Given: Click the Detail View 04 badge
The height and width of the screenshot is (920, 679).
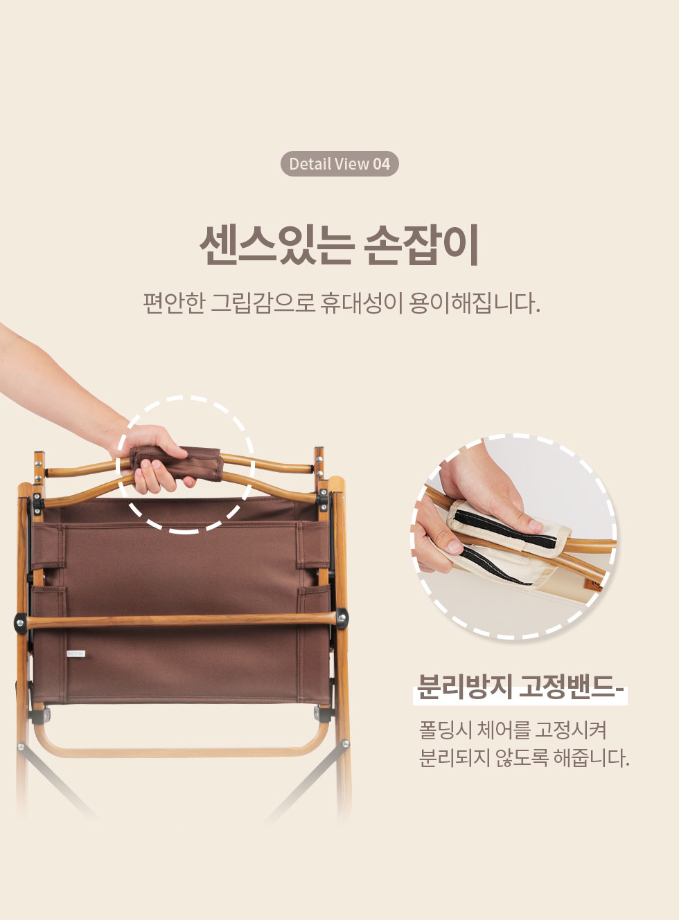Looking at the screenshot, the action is click(339, 163).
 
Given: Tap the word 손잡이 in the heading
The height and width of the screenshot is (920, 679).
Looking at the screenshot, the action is click(422, 245).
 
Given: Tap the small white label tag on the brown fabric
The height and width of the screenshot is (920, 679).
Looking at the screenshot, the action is click(76, 653).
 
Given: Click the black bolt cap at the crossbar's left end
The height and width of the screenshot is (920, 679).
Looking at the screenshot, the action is click(21, 623).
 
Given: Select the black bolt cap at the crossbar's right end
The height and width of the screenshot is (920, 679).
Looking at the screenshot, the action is click(342, 617).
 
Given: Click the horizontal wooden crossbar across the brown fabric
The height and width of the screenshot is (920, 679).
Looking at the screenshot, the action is click(181, 620).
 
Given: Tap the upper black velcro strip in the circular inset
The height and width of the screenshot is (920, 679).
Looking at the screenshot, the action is click(506, 526).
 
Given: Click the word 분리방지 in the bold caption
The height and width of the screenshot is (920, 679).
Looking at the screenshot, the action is click(465, 686).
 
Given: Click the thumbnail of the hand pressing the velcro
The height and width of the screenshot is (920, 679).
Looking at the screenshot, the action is click(514, 536).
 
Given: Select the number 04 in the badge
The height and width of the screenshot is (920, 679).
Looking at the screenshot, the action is click(382, 164).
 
